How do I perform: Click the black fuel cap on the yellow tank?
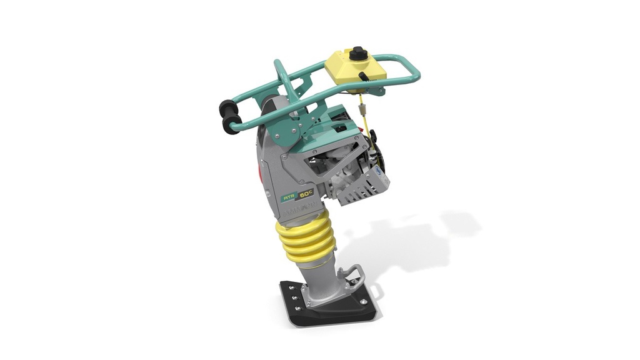pos(358,54)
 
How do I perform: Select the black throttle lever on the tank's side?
pos(363,76)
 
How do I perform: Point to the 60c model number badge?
pos(306,194)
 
